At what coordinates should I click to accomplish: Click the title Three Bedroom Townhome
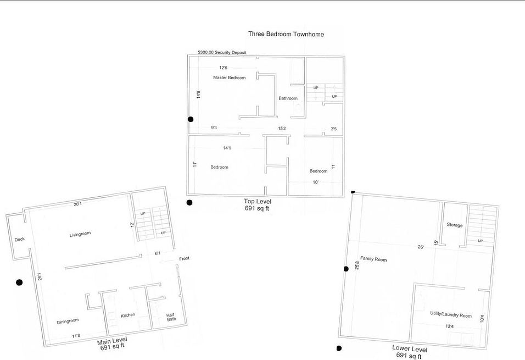286,34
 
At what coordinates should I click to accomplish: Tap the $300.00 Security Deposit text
222,53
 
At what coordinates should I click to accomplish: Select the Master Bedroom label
230,77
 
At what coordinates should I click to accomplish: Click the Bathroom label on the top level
288,98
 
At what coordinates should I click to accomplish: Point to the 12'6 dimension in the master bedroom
224,68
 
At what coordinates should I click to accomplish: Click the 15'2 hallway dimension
282,129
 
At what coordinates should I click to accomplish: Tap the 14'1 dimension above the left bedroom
227,148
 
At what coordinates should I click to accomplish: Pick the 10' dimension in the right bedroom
316,182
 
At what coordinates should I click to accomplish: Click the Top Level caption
258,202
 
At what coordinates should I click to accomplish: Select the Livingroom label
80,234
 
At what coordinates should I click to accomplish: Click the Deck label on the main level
19,239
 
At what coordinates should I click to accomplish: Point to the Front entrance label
184,258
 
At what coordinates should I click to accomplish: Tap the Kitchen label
128,315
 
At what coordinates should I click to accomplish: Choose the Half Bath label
171,317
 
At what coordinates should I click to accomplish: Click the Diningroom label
68,322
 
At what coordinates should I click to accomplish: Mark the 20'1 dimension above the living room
77,204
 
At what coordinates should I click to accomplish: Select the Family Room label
373,259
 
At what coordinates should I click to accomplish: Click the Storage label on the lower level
455,225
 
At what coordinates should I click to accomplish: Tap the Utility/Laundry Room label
451,314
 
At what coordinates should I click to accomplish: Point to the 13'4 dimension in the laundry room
450,326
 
